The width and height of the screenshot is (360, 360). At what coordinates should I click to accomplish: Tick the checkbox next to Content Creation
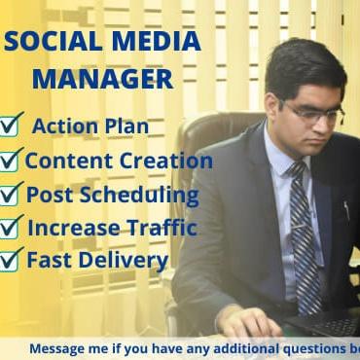click(12, 160)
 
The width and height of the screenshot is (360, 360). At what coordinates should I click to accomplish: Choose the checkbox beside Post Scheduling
click(12, 194)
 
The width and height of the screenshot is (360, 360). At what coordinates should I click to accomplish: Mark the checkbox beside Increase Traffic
click(12, 228)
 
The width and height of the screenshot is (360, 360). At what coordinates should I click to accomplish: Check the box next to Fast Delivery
click(12, 260)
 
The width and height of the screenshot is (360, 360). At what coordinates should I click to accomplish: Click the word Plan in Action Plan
click(126, 126)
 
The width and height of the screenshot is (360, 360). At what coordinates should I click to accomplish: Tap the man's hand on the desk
click(249, 320)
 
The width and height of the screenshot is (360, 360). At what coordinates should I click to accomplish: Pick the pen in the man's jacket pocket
click(345, 209)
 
